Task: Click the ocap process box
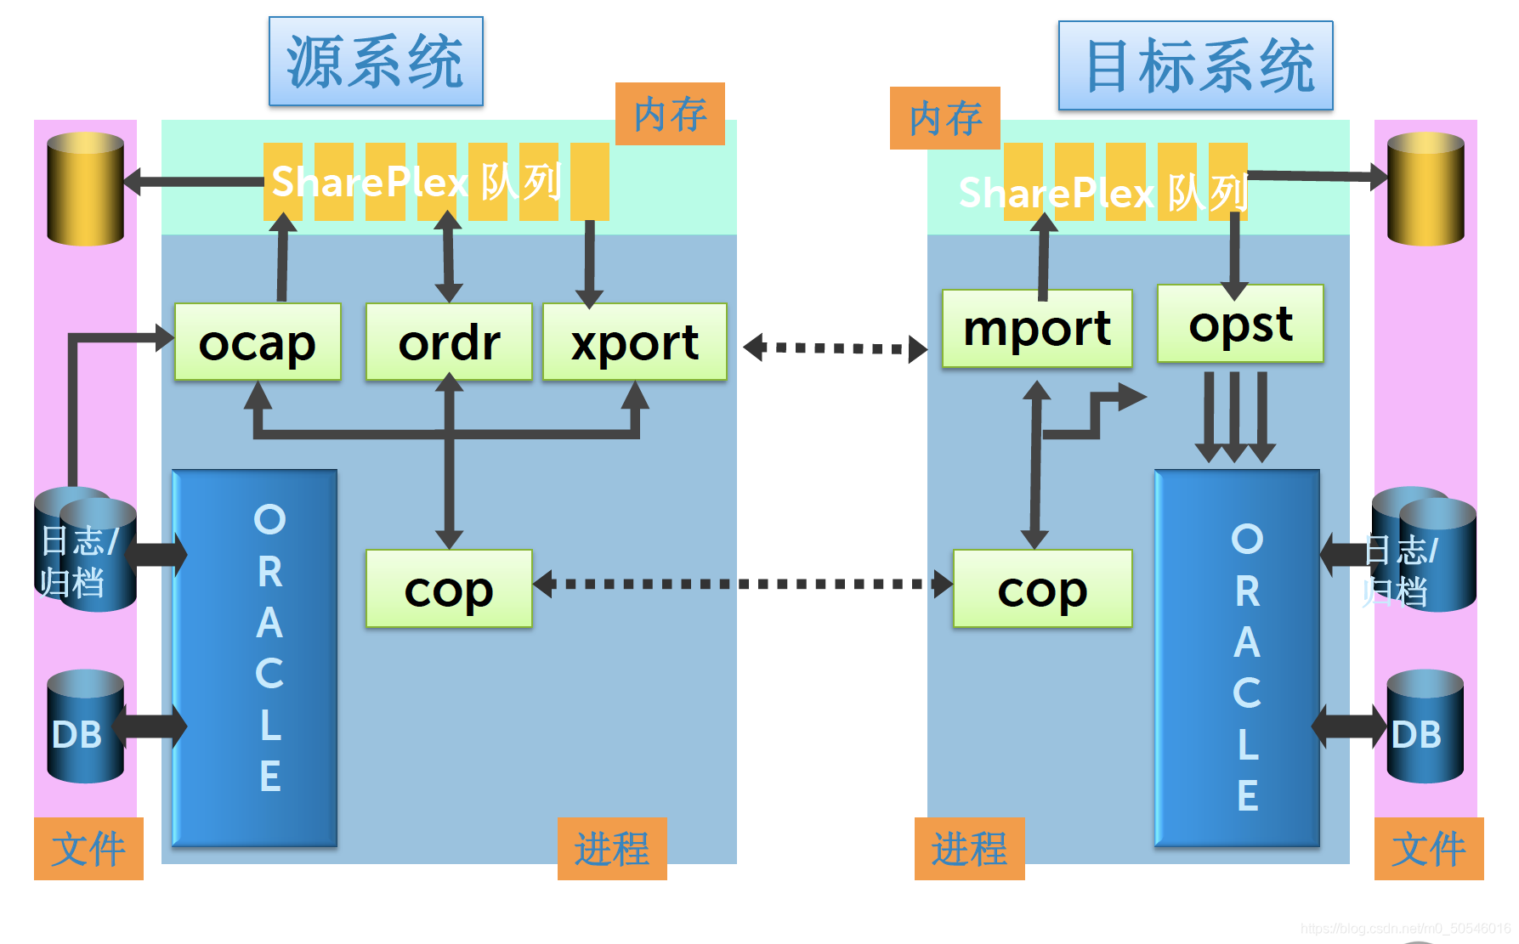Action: point(258,342)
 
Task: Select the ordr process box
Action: point(449,342)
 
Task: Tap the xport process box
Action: point(634,342)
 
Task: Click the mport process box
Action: point(1037,329)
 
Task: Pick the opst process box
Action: point(1240,324)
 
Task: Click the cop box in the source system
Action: point(449,589)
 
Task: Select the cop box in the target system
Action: point(1042,589)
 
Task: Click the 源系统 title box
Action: point(376,61)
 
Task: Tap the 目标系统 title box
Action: point(1195,65)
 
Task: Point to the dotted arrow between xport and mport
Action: point(835,348)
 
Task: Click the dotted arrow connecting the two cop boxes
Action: point(743,584)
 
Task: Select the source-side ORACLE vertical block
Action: point(255,658)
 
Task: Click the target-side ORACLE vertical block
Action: point(1237,658)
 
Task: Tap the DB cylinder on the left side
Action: point(85,726)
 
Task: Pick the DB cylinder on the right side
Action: point(1425,726)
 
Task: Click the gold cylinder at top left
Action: point(85,189)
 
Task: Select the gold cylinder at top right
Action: point(1425,189)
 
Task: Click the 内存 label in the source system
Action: point(670,114)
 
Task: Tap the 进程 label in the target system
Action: point(969,849)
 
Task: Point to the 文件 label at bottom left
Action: point(88,849)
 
